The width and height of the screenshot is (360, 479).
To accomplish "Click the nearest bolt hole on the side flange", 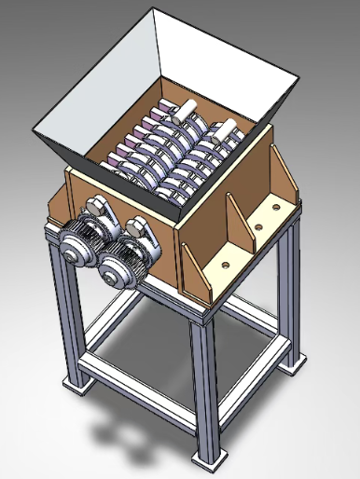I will [226, 264].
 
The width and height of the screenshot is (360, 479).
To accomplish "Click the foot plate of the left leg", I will [73, 382].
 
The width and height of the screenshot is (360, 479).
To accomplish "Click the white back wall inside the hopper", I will [219, 56].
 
